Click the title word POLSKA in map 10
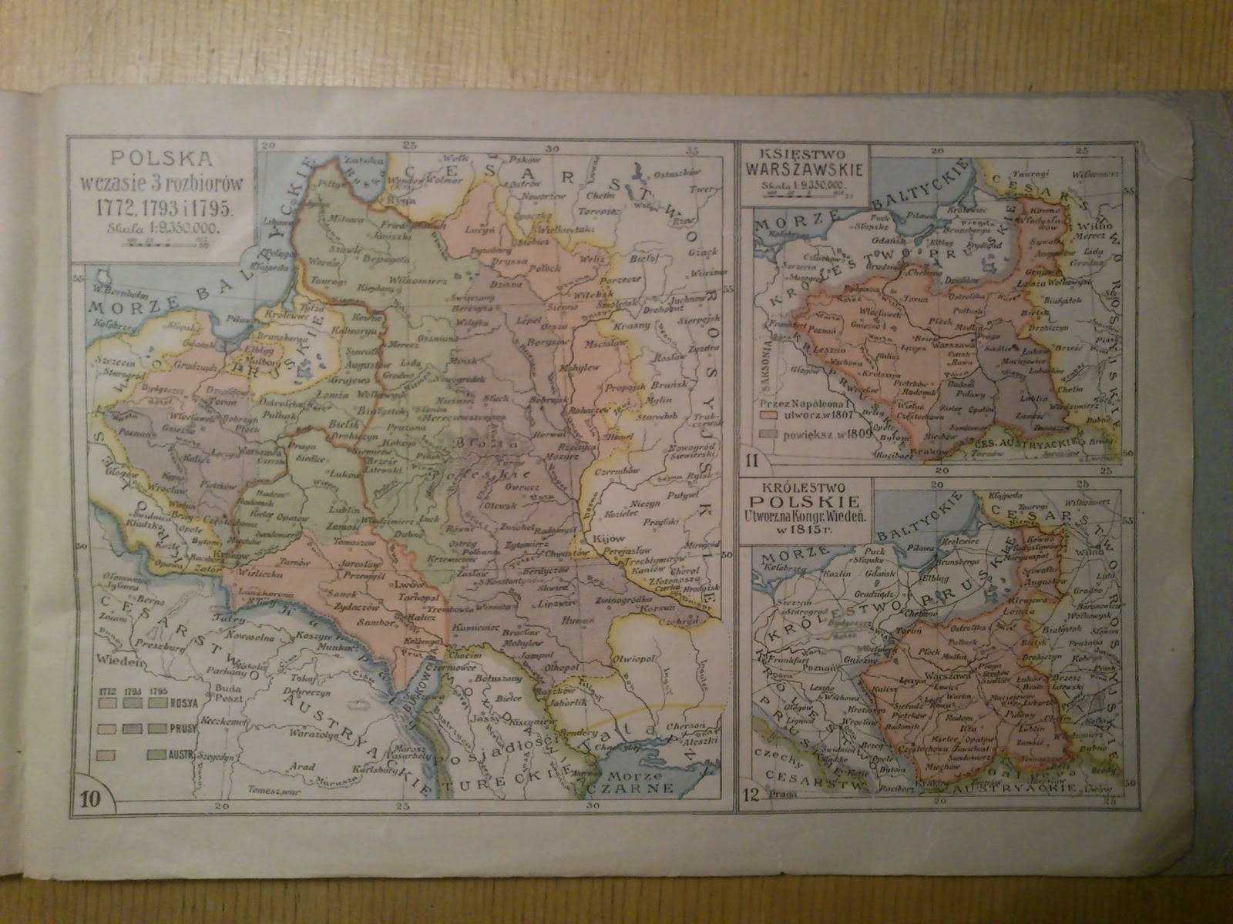161,159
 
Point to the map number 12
753,802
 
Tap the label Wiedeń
119,661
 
